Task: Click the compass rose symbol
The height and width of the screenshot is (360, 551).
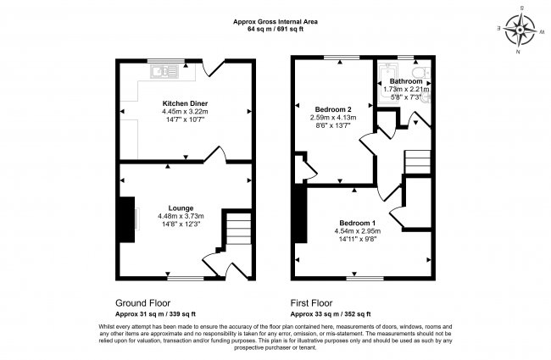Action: tap(520, 30)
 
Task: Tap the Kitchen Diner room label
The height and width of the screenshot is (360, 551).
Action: tap(185, 103)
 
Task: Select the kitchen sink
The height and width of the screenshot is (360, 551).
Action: tap(164, 72)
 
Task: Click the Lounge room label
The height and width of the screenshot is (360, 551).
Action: tap(181, 208)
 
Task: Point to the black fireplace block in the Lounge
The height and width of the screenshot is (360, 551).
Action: tap(127, 219)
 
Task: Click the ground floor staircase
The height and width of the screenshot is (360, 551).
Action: tap(238, 229)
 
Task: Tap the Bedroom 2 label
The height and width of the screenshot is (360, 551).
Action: tap(333, 109)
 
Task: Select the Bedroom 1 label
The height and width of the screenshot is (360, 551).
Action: tap(358, 223)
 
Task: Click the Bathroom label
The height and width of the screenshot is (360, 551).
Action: tap(406, 81)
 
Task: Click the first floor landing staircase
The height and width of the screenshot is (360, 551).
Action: tap(417, 162)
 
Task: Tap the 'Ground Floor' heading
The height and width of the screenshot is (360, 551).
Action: tap(143, 303)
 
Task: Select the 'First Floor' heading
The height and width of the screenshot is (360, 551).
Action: tap(311, 303)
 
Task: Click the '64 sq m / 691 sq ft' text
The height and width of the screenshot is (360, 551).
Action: tap(275, 29)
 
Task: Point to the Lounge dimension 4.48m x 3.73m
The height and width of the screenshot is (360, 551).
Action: tap(181, 216)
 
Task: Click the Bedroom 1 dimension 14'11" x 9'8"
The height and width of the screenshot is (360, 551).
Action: tap(358, 239)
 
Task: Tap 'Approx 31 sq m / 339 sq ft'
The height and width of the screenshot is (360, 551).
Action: tap(155, 314)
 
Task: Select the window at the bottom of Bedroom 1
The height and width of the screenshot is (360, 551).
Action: tap(365, 279)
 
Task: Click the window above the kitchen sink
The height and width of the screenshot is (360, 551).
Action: tap(166, 61)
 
